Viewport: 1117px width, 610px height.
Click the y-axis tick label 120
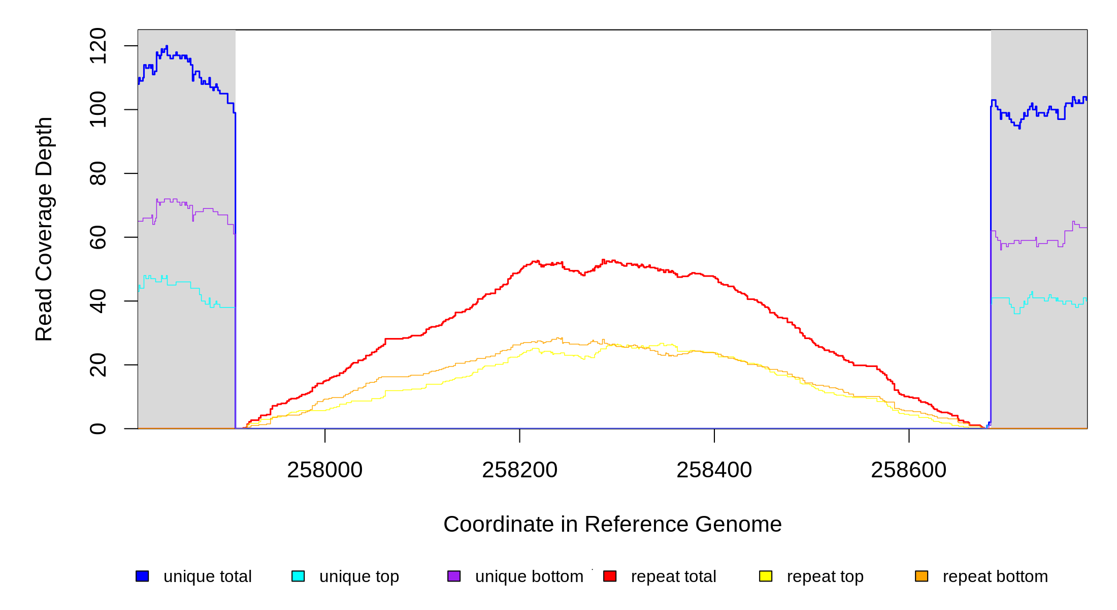point(97,46)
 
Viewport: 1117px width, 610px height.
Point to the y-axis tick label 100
point(97,109)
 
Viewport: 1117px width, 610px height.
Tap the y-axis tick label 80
point(97,173)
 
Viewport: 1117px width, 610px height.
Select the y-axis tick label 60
point(97,237)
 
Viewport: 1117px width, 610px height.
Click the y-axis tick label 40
point(97,301)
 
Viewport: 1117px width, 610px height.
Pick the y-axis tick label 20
point(97,365)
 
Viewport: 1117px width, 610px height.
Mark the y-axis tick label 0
point(97,429)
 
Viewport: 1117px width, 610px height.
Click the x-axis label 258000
point(325,470)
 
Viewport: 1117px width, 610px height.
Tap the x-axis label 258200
point(519,470)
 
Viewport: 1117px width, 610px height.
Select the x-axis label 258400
point(714,470)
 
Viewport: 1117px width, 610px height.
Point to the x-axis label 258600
point(908,470)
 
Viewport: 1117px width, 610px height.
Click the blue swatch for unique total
point(142,576)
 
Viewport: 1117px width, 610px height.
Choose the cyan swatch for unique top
point(298,576)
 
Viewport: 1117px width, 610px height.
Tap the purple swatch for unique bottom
point(454,576)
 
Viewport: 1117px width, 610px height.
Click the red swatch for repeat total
point(610,576)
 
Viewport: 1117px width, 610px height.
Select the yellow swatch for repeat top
point(766,576)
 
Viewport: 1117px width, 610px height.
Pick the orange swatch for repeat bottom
point(922,576)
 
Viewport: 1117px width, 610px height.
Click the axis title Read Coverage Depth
point(44,229)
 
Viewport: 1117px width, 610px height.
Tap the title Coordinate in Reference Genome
point(612,524)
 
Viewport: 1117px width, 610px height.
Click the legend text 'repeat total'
point(673,576)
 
